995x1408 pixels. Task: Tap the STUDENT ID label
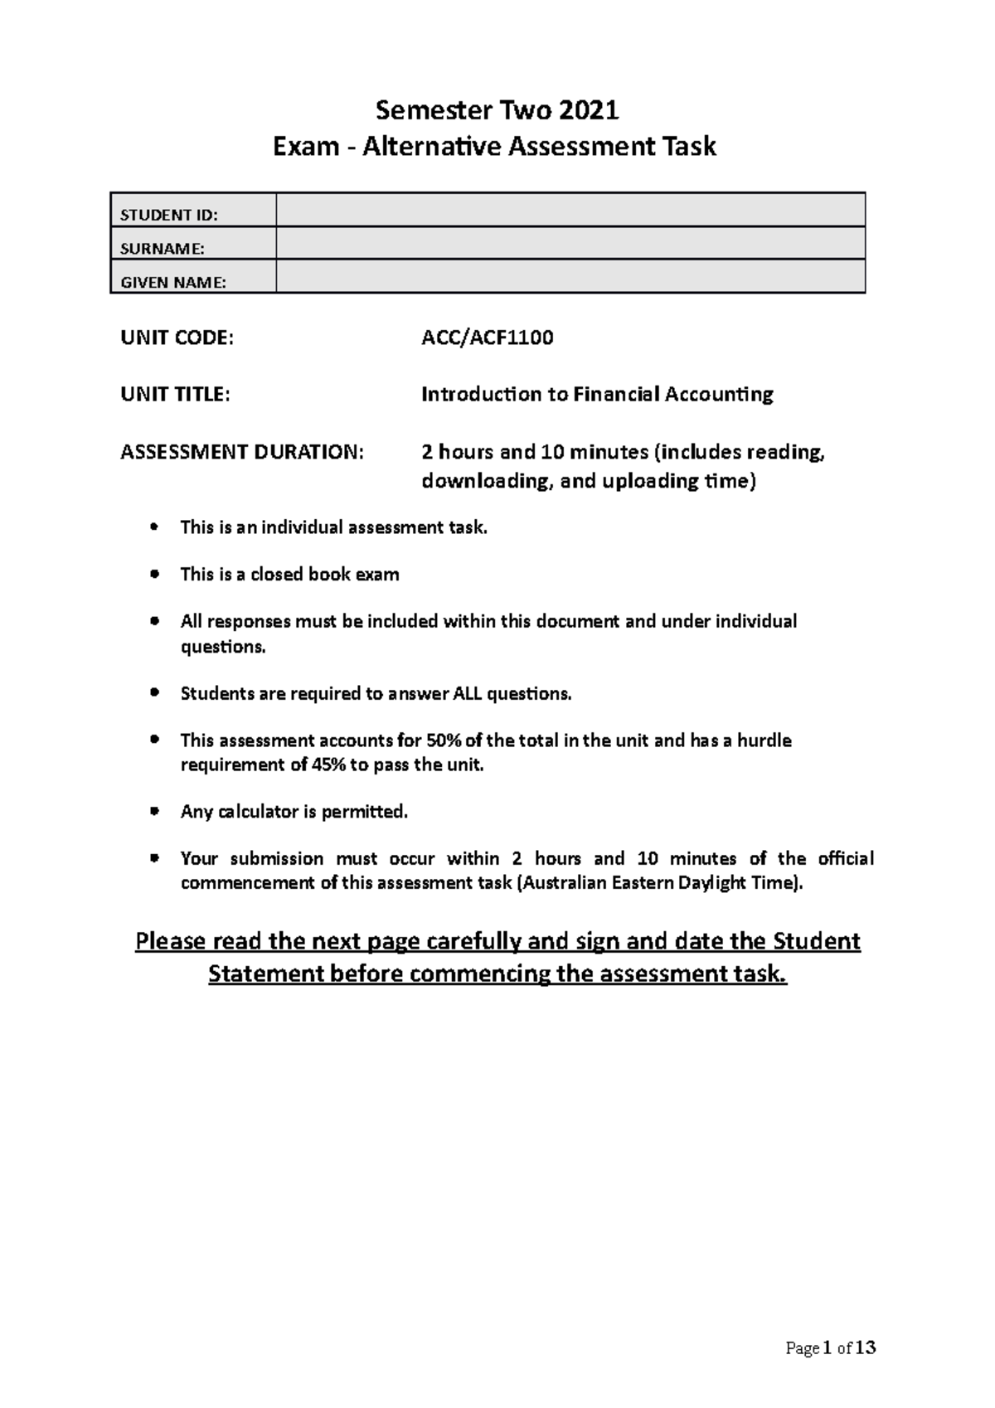point(169,215)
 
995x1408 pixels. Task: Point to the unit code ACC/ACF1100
point(487,337)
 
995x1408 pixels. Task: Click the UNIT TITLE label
point(173,394)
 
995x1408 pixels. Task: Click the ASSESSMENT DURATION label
point(241,452)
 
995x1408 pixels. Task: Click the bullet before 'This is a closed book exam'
point(153,574)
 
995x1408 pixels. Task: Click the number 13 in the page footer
point(865,1347)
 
